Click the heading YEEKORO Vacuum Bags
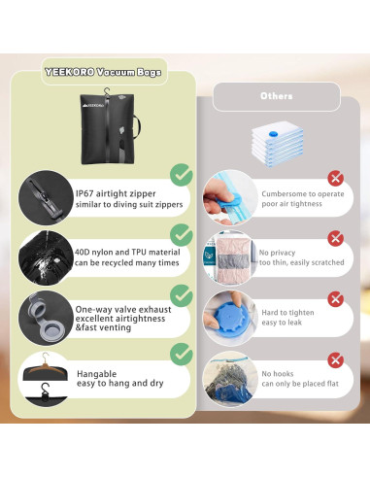click(103, 72)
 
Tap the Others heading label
click(277, 96)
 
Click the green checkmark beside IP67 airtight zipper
click(182, 175)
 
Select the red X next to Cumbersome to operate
click(335, 178)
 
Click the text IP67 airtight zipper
click(116, 193)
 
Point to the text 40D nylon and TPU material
click(127, 253)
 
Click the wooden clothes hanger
click(45, 365)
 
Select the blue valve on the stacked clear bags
click(273, 133)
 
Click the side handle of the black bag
click(138, 127)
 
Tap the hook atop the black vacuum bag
click(107, 90)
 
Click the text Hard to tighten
click(287, 313)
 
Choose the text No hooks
click(278, 374)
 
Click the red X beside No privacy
click(335, 239)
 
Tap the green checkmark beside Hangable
click(182, 355)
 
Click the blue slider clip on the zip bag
click(226, 198)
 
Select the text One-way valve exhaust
click(123, 310)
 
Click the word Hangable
click(96, 374)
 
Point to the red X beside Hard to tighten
click(335, 299)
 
